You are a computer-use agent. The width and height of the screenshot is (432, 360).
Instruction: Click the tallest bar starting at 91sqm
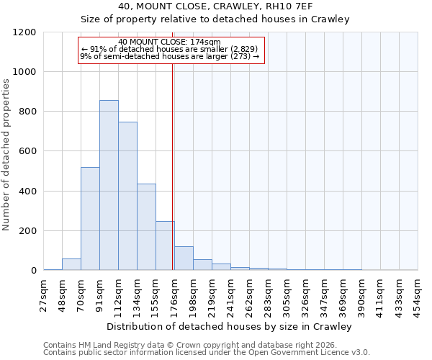(x=109, y=185)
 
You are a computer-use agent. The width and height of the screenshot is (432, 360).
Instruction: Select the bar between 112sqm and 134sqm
(x=127, y=196)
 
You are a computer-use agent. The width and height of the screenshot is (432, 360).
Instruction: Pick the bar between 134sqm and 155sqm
(x=146, y=227)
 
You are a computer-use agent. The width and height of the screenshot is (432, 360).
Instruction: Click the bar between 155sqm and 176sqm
(x=165, y=246)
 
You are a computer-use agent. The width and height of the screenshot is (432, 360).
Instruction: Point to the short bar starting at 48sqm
(x=71, y=264)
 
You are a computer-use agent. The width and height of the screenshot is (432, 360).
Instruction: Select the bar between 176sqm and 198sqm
(x=184, y=258)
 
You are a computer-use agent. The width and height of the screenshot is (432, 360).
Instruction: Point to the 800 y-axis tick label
(x=27, y=112)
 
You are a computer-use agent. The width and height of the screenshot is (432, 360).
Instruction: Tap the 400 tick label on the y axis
(x=27, y=192)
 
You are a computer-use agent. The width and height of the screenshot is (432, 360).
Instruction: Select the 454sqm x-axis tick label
(x=418, y=294)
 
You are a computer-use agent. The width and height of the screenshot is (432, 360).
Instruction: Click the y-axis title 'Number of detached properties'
(x=6, y=155)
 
